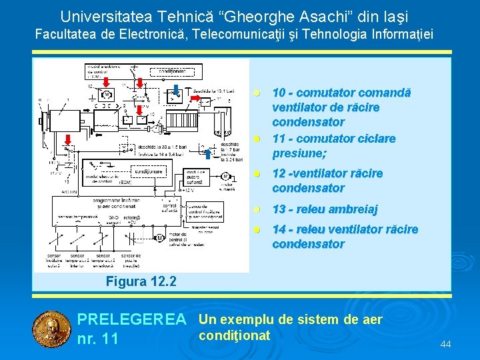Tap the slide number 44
tap(446, 344)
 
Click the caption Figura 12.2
tap(141, 281)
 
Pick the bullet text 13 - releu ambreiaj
tap(325, 209)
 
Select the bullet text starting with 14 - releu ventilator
tap(345, 236)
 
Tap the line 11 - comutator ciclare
tap(334, 139)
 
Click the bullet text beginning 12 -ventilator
tap(337, 180)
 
